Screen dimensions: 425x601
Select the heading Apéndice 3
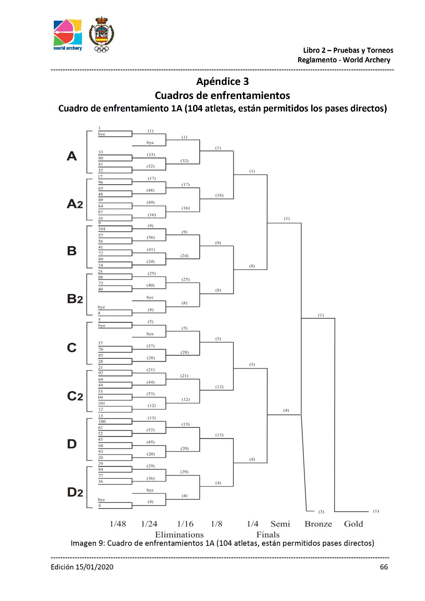(222, 82)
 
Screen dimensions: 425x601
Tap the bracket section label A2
(75, 204)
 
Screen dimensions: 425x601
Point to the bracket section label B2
(75, 299)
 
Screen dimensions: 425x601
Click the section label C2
(75, 396)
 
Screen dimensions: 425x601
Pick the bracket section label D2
(75, 492)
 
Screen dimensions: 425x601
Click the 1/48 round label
(118, 524)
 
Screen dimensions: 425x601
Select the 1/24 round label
(149, 524)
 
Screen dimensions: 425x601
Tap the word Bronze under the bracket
(318, 524)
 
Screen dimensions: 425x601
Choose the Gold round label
(353, 524)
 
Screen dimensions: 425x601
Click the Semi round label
(280, 524)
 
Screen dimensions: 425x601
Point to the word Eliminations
(179, 535)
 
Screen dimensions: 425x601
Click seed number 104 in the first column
(102, 229)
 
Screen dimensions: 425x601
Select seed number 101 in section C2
(101, 403)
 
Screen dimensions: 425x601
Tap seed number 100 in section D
(102, 421)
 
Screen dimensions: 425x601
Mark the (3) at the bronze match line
(321, 512)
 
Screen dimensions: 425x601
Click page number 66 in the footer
(384, 567)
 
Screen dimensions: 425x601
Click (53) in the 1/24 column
(150, 394)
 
